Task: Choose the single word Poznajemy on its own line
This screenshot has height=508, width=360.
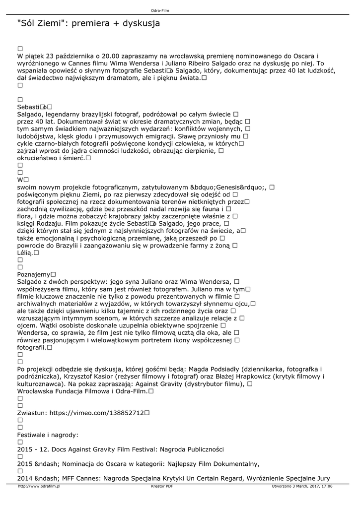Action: pyautogui.click(x=33, y=274)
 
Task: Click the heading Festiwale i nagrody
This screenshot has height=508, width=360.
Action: pyautogui.click(x=48, y=435)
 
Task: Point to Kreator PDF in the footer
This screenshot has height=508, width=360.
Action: pyautogui.click(x=162, y=487)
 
